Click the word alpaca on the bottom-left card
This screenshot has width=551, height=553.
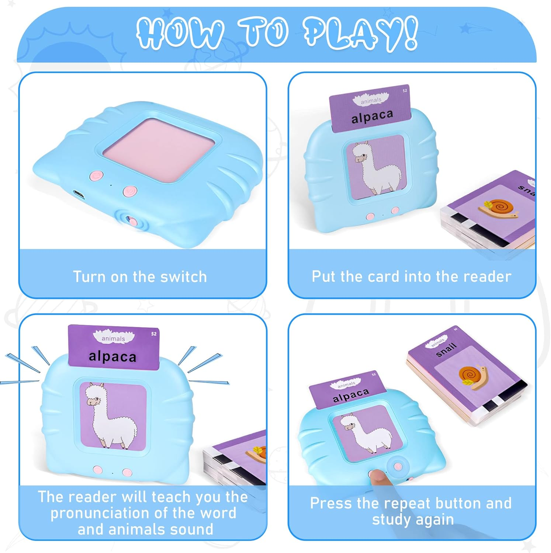tap(112, 357)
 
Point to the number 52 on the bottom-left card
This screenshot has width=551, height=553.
tap(154, 334)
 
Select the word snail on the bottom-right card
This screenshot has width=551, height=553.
tap(446, 349)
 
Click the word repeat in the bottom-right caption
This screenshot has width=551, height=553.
tap(406, 504)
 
